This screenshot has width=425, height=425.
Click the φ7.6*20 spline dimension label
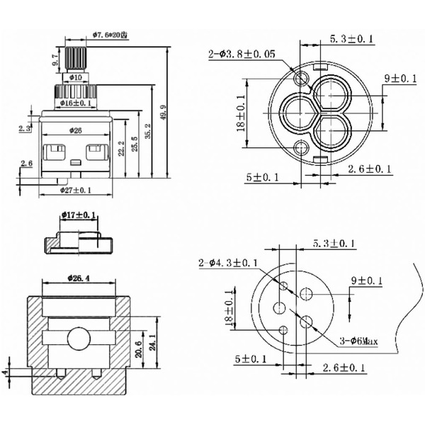point(109,34)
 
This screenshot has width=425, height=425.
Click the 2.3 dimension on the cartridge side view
point(25,128)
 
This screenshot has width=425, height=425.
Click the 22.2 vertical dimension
point(123,149)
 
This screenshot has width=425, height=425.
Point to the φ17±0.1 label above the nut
point(79,215)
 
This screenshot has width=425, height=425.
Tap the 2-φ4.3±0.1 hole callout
point(229,263)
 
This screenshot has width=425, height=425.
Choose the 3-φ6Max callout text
point(358,341)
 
